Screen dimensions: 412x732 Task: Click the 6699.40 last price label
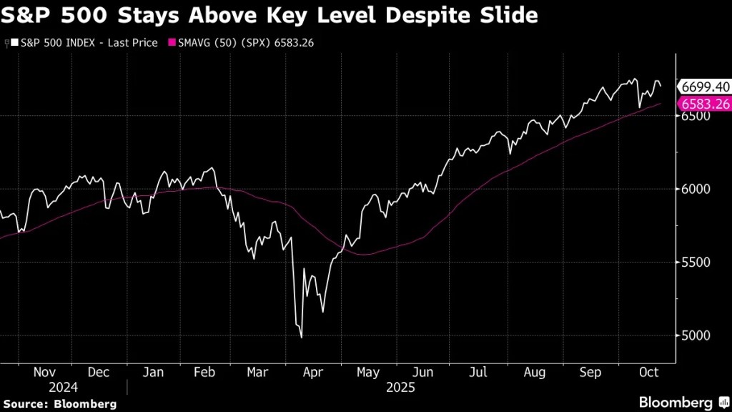click(x=704, y=87)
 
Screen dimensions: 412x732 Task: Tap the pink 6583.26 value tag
click(x=704, y=104)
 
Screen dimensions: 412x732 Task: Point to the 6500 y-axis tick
click(x=695, y=116)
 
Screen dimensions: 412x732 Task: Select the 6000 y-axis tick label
click(x=695, y=189)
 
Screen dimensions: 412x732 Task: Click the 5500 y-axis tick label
click(x=695, y=263)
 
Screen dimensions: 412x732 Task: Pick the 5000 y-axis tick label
click(x=695, y=335)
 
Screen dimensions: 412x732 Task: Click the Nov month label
click(x=44, y=373)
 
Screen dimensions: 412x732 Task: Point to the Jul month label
click(x=478, y=373)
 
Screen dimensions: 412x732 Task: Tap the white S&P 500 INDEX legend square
click(x=15, y=43)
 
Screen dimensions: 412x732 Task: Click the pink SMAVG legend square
click(x=172, y=43)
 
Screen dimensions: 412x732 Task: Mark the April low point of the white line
click(x=301, y=337)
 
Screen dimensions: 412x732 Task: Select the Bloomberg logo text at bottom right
click(x=676, y=402)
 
